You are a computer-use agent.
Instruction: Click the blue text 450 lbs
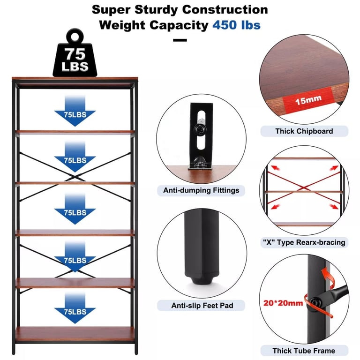[x=236, y=25]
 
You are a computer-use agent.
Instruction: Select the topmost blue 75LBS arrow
[x=75, y=111]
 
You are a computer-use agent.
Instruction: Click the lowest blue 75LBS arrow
[x=75, y=308]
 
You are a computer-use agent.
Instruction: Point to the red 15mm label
[x=308, y=100]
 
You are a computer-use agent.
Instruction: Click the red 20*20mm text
[x=283, y=303]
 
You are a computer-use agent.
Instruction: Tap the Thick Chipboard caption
[x=304, y=131]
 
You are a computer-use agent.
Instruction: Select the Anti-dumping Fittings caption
[x=201, y=190]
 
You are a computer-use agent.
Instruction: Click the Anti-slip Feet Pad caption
[x=202, y=305]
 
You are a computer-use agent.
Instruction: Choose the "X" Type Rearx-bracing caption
[x=304, y=242]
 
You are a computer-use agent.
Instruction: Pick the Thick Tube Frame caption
[x=304, y=351]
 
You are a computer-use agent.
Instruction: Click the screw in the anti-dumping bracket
[x=200, y=130]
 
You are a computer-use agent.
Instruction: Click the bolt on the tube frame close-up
[x=315, y=303]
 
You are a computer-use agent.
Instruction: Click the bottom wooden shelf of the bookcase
[x=75, y=334]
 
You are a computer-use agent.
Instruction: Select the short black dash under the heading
[x=180, y=40]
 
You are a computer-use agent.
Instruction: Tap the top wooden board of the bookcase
[x=75, y=79]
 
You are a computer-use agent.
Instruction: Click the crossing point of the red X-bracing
[x=304, y=188]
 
